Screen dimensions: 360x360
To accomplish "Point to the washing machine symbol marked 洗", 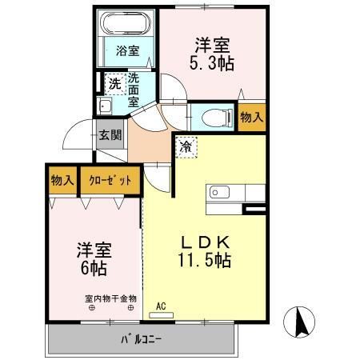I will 115,82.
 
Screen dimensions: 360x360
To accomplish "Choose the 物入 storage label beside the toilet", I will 251,118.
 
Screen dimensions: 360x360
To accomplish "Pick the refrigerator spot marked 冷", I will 186,146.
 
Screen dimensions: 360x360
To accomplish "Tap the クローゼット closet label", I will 110,180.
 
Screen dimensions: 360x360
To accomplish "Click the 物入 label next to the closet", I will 62,180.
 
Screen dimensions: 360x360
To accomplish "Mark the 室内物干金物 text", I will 110,298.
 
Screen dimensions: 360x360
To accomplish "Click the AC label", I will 160,306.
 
